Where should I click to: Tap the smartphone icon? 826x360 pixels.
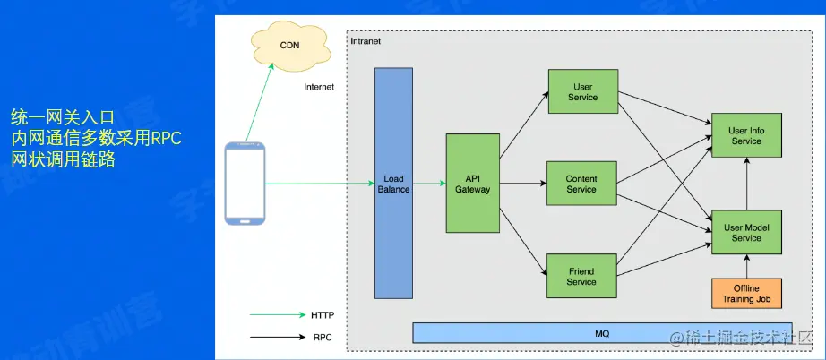245,184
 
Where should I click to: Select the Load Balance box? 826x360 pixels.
393,184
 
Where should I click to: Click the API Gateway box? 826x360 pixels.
472,184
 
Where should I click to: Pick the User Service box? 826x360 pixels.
581,92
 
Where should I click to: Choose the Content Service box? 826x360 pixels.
581,184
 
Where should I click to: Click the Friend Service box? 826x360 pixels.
581,276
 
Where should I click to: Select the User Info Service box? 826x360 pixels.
745,136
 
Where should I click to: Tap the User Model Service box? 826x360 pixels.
745,232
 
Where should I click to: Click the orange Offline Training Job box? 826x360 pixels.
745,294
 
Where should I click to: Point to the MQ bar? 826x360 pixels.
601,333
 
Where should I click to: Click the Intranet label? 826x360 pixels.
366,42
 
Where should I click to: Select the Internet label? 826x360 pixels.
319,87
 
